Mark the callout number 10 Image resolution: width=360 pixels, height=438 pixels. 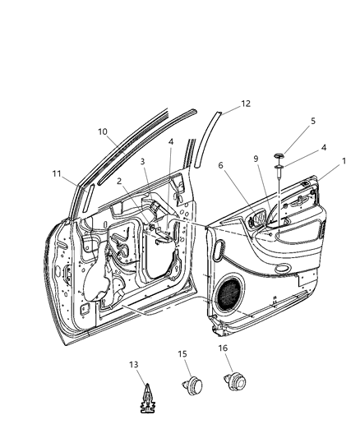coord(103,131)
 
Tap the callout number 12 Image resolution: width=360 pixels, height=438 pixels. coord(246,104)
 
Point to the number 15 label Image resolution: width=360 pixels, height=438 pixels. coord(183,353)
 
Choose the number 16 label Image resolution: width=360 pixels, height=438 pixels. coord(224,348)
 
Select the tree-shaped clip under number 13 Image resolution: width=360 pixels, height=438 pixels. coord(143,399)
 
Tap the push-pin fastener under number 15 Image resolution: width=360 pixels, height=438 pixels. coord(194,384)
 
